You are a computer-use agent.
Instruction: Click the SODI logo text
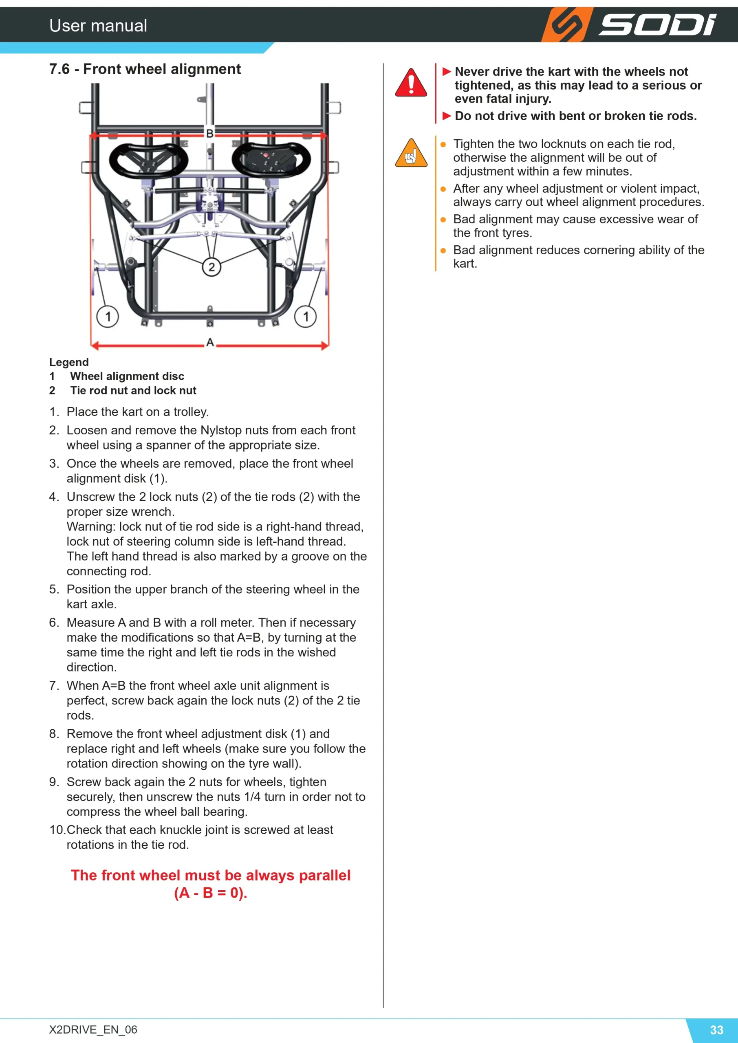[657, 24]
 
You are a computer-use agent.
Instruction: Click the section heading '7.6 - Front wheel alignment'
[145, 69]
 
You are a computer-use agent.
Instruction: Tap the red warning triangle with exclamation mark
[411, 83]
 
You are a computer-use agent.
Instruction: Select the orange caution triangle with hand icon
[411, 153]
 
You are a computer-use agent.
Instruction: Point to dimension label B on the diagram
[209, 133]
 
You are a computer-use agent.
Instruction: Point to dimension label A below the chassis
[209, 342]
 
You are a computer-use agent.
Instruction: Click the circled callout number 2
[211, 266]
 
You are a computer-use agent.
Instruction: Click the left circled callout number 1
[108, 316]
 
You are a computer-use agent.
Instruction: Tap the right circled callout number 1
[305, 316]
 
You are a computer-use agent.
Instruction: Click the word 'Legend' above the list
[69, 362]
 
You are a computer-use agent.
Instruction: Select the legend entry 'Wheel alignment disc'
[127, 376]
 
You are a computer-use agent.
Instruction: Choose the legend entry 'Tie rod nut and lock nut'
[133, 390]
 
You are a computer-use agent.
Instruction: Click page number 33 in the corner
[717, 1030]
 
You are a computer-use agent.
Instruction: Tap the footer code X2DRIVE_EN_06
[93, 1030]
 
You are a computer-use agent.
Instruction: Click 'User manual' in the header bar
[98, 25]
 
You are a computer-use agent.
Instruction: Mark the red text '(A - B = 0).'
[210, 893]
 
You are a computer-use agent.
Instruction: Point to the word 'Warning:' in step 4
[91, 526]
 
